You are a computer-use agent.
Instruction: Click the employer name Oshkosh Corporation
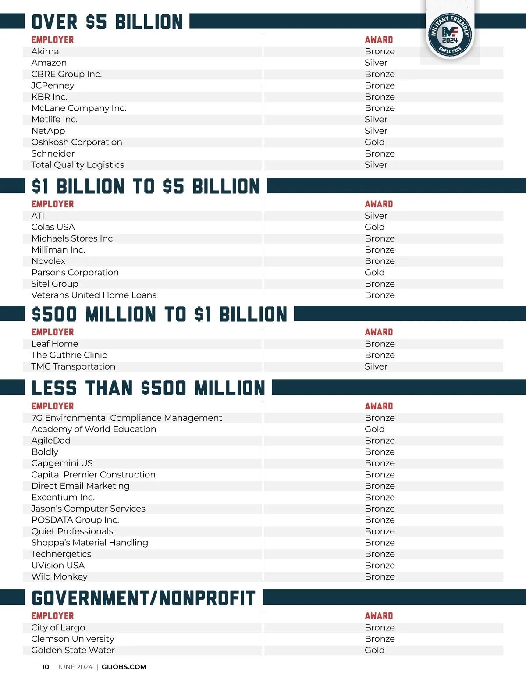tap(77, 142)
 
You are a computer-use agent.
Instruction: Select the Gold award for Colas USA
tap(374, 227)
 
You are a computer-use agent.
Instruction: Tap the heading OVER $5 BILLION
tap(107, 22)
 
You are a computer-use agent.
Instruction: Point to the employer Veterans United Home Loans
tap(94, 295)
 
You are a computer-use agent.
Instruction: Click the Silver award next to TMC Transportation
tap(376, 366)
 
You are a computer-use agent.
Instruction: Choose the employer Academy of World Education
tap(93, 429)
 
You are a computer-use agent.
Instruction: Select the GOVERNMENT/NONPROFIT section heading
tap(143, 598)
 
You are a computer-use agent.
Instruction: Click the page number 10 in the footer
tap(45, 667)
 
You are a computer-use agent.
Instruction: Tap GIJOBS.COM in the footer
tap(124, 667)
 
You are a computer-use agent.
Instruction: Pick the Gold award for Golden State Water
tap(374, 650)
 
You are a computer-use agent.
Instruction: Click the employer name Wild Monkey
tap(59, 576)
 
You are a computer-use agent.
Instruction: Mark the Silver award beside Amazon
tap(376, 63)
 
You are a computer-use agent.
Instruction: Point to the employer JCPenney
tap(53, 85)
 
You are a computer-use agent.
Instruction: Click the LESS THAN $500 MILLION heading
tap(148, 388)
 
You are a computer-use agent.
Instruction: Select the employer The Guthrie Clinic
tap(69, 355)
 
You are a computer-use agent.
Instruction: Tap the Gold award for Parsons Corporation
tap(374, 272)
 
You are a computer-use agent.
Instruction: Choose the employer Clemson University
tap(73, 639)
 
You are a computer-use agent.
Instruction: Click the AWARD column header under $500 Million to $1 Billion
tap(379, 332)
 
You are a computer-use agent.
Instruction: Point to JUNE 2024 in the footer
tap(75, 667)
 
